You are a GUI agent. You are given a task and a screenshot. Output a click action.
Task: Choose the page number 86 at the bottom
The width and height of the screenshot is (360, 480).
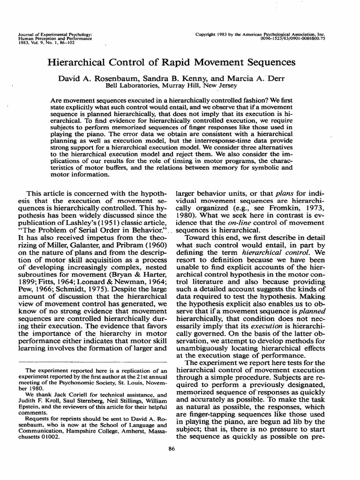coord(172,462)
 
